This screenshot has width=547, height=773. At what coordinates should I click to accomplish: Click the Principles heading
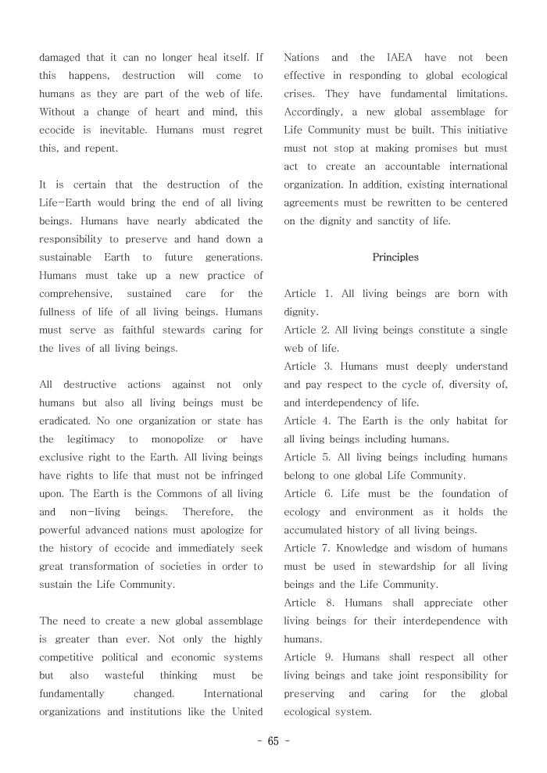(395, 257)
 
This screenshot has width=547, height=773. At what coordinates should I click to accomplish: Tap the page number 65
(273, 742)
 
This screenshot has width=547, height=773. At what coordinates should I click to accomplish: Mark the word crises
(299, 94)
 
